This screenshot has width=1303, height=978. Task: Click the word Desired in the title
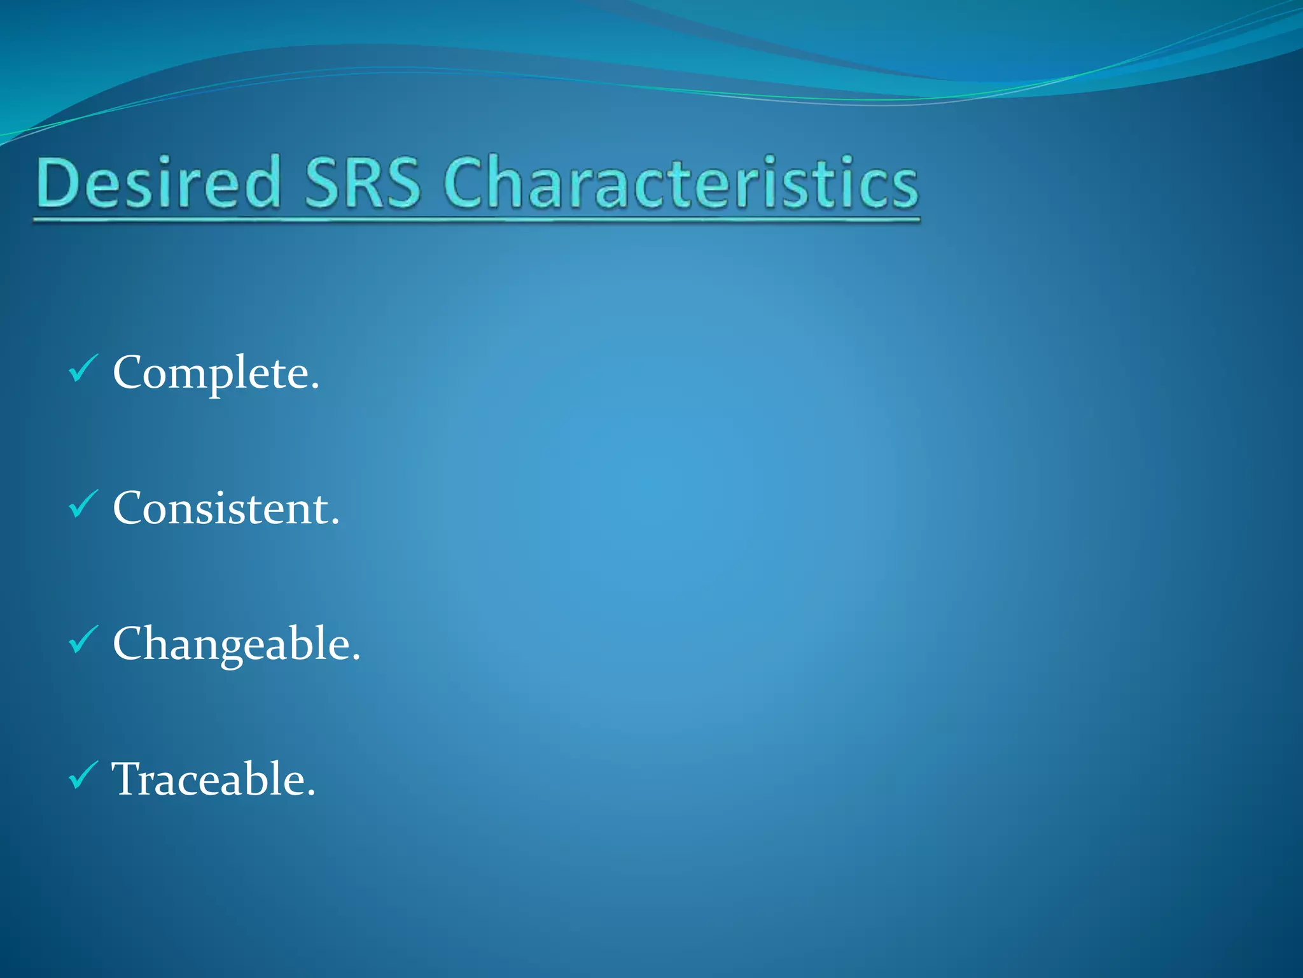(159, 183)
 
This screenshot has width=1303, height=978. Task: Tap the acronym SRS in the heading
(363, 183)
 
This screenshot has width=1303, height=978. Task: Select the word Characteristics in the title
(681, 183)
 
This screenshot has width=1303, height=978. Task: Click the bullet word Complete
(215, 373)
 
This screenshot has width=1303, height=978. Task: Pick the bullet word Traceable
(212, 779)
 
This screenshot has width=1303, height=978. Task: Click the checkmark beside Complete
(83, 369)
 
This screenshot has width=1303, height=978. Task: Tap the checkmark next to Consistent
(83, 504)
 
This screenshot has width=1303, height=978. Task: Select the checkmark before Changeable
(83, 640)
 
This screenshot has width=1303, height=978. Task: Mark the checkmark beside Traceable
(83, 776)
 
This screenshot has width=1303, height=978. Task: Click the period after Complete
(315, 387)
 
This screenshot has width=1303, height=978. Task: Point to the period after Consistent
(335, 523)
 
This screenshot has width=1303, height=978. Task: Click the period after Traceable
(311, 793)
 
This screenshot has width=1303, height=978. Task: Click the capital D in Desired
(60, 183)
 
